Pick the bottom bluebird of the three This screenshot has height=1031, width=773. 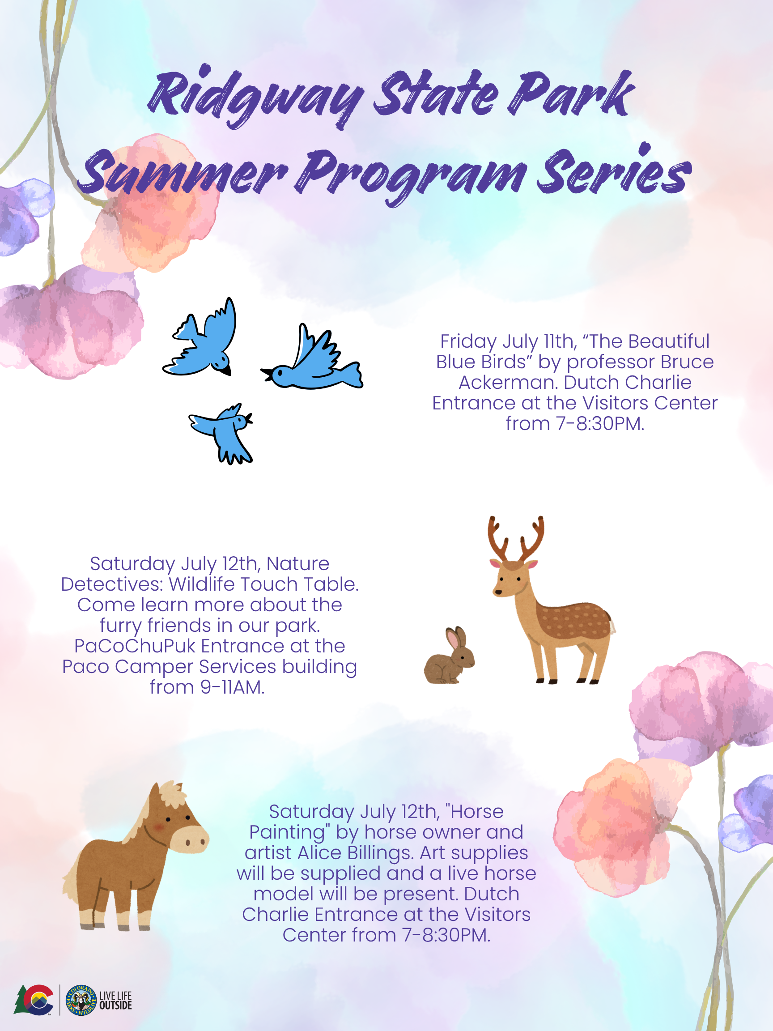pyautogui.click(x=222, y=434)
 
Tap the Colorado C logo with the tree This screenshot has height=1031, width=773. pyautogui.click(x=34, y=999)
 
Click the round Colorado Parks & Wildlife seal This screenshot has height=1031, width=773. pyautogui.click(x=81, y=1000)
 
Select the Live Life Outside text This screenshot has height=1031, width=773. pyautogui.click(x=115, y=1000)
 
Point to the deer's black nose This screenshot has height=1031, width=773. pyautogui.click(x=498, y=592)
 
